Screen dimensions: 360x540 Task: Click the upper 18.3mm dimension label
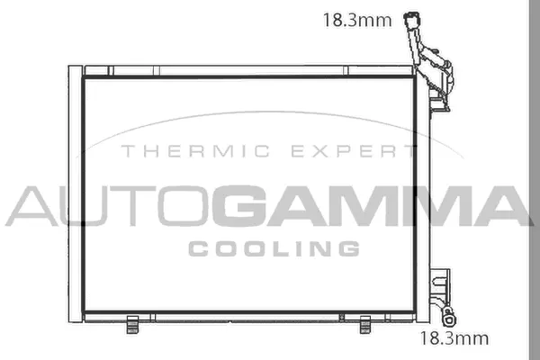coord(357,20)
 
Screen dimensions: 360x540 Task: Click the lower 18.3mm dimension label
coord(455,338)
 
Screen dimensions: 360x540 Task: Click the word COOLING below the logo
coord(274,248)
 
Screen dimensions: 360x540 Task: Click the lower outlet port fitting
coord(449,314)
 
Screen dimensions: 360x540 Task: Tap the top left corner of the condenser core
coord(84,76)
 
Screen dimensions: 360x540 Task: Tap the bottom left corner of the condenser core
coord(84,312)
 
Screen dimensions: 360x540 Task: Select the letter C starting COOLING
coord(199,248)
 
